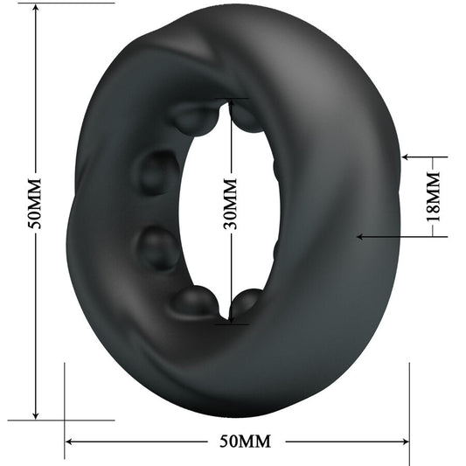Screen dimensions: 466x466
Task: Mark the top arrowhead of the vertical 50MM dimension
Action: pos(34,8)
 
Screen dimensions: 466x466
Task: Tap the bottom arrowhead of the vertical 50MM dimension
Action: pos(34,414)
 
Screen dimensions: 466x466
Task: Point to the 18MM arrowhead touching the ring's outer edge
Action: pos(406,157)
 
